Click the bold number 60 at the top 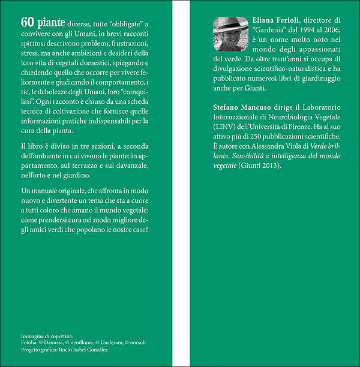[26, 23]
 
